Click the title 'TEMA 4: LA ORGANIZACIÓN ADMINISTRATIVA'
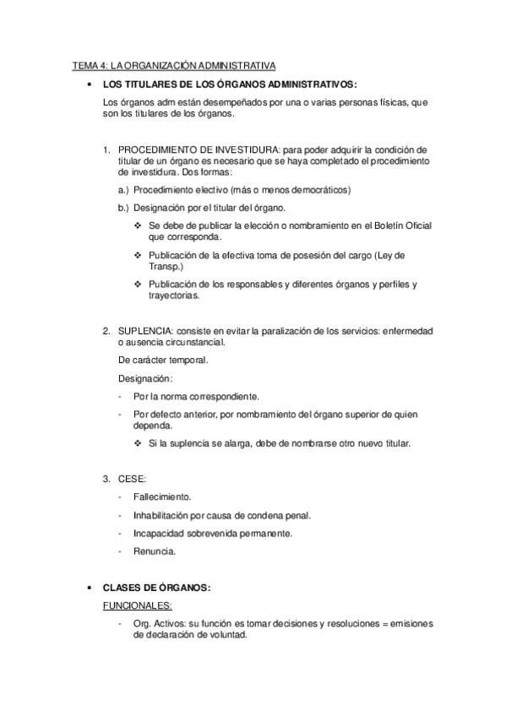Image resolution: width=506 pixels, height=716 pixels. [175, 66]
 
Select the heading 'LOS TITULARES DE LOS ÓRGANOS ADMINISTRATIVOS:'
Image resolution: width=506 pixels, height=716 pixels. [230, 84]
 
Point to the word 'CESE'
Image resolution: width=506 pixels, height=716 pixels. [129, 479]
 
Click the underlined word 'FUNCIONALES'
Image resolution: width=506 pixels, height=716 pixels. [136, 605]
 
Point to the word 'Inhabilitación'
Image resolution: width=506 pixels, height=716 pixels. [162, 515]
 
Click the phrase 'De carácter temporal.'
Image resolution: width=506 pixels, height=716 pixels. [164, 360]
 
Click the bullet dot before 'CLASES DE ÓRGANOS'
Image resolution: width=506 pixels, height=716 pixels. [90, 588]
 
